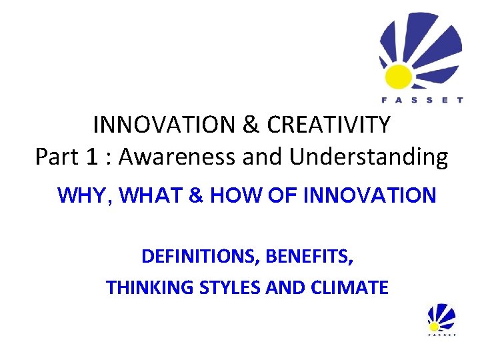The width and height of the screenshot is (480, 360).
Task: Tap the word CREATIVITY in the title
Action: click(329, 124)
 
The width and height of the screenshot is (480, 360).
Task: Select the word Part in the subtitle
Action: click(55, 157)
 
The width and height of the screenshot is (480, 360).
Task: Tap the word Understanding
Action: click(369, 157)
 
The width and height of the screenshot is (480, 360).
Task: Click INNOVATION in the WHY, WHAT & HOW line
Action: click(369, 195)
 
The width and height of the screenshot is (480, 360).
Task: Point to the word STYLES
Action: click(230, 288)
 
